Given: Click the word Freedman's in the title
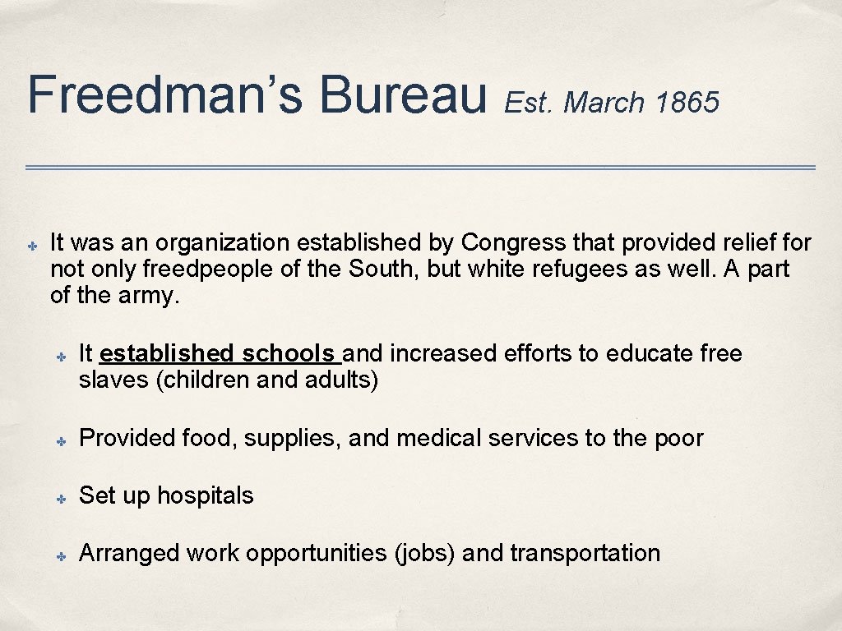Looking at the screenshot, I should pyautogui.click(x=164, y=94).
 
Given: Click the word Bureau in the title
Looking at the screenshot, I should pyautogui.click(x=403, y=94).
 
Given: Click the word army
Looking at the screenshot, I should pyautogui.click(x=151, y=296).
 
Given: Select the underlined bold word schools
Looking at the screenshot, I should pyautogui.click(x=288, y=354).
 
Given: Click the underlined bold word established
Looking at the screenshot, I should pyautogui.click(x=166, y=354).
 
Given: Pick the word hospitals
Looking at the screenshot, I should pyautogui.click(x=206, y=496).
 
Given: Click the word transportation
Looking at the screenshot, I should pyautogui.click(x=585, y=554).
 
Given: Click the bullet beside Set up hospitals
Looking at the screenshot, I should pyautogui.click(x=61, y=499).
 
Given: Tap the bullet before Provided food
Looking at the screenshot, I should pyautogui.click(x=61, y=441).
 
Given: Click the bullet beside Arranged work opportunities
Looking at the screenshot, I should pyautogui.click(x=61, y=556).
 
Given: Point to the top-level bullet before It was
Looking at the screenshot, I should pyautogui.click(x=31, y=246).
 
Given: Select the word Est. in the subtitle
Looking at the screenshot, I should pyautogui.click(x=530, y=103).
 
